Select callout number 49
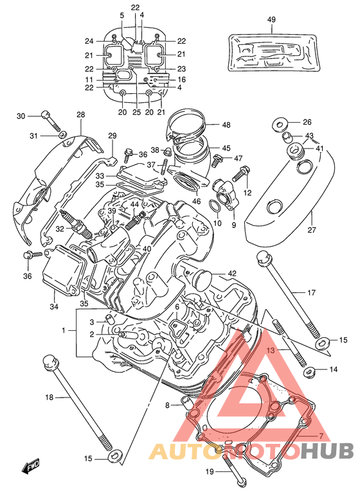271,19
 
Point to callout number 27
312,230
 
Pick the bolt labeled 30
50,121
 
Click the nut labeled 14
309,372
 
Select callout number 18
50,398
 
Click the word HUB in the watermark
327,452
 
